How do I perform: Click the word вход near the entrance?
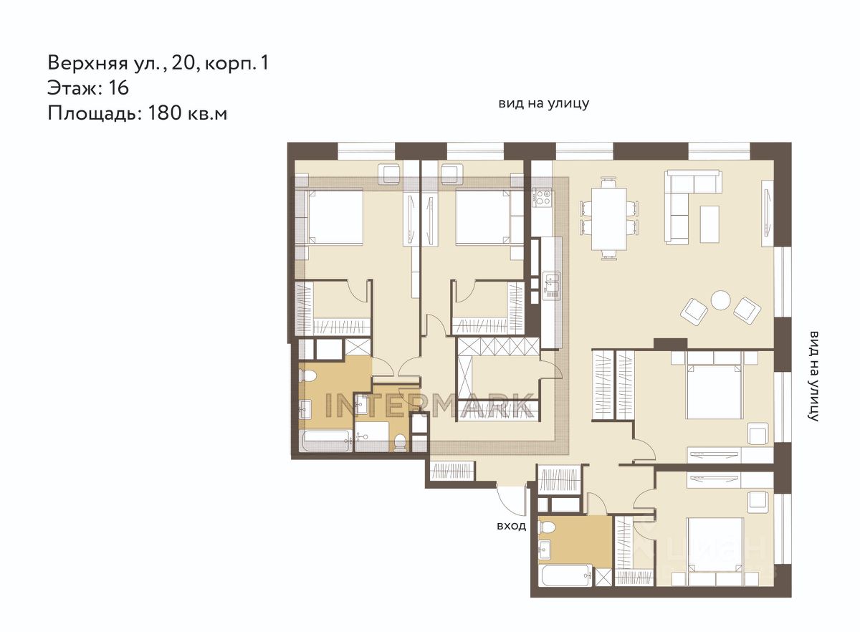coord(512,526)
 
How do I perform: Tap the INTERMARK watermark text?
coord(429,406)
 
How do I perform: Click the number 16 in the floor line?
coord(119,88)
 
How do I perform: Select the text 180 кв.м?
coord(187,114)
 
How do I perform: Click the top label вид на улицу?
coord(544,103)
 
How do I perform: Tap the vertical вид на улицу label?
coord(813,376)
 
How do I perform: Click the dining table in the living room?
coord(609,219)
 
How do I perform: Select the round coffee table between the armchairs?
coord(720,300)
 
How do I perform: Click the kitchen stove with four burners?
coord(542,198)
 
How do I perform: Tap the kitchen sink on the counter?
coord(551,282)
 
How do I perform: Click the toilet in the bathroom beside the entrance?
coord(547,527)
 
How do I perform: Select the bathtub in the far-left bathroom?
coord(326,441)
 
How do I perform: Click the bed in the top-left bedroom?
coord(333,216)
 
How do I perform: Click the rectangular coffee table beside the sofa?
coord(709,224)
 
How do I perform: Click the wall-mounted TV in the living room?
coord(767,214)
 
